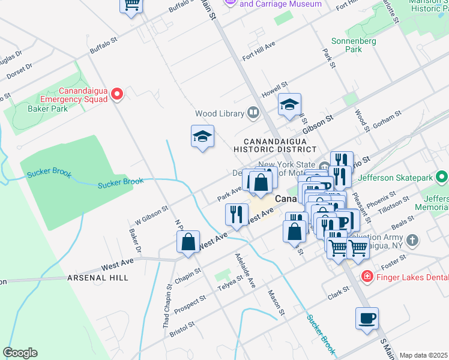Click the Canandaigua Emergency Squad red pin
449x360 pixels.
(x=118, y=94)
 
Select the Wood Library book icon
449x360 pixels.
(x=253, y=113)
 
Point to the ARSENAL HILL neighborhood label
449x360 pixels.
(x=97, y=278)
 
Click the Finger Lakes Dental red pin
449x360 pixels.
(x=366, y=276)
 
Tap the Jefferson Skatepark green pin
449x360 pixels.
(x=442, y=178)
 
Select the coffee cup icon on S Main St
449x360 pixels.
(x=367, y=318)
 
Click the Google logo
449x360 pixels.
(x=20, y=353)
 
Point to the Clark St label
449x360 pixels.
(x=339, y=292)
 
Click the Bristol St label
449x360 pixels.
(x=182, y=329)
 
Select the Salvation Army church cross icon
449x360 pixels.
(x=411, y=241)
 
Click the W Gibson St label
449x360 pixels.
(x=151, y=215)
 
